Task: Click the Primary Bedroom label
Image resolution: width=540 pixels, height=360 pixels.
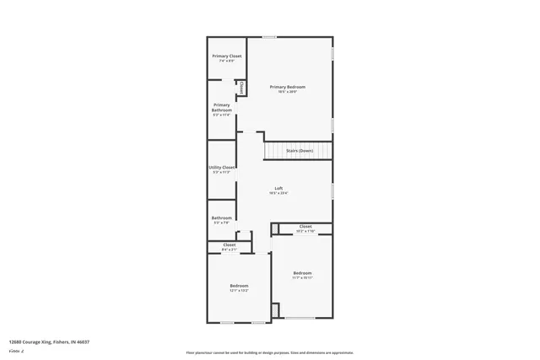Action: [x=288, y=87]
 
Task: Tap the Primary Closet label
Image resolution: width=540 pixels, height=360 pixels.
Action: [x=226, y=56]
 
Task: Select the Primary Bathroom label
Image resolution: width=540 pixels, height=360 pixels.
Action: [x=222, y=108]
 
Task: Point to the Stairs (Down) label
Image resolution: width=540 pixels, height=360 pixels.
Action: [x=300, y=150]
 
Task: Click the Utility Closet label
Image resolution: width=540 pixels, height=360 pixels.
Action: [x=222, y=167]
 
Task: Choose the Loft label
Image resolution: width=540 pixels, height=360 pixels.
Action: [x=278, y=188]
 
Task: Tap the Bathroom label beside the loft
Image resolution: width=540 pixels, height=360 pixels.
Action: [x=222, y=218]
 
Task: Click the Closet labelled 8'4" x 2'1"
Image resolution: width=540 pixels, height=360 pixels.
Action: [x=229, y=245]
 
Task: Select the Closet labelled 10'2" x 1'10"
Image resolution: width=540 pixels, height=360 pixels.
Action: [x=305, y=226]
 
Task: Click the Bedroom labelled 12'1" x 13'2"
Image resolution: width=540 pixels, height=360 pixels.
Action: [x=239, y=286]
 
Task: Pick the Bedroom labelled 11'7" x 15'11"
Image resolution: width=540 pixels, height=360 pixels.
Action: [x=302, y=272]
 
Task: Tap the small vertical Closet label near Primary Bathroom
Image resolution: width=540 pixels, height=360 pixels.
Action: [x=240, y=87]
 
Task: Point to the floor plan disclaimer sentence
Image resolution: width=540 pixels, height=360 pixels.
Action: [x=269, y=352]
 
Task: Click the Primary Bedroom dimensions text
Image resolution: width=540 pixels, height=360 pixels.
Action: [x=288, y=92]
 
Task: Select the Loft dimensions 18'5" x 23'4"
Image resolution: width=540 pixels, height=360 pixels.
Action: [x=278, y=193]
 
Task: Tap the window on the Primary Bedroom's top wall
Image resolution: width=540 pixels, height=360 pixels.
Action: [x=269, y=36]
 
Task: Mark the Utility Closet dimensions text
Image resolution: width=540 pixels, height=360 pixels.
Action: [x=222, y=172]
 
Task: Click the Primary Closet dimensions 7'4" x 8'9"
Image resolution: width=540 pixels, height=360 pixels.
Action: [x=226, y=61]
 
